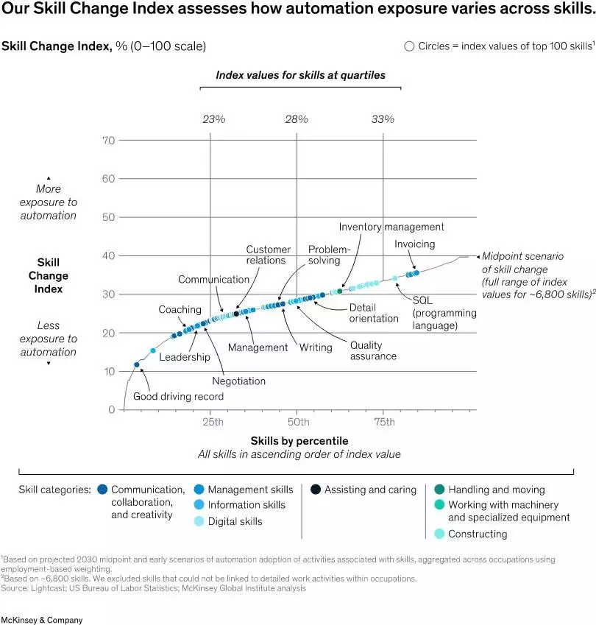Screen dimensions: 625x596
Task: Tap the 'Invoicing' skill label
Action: click(414, 244)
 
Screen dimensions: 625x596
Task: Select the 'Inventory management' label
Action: click(391, 227)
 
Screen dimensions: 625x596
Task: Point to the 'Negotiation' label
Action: click(238, 381)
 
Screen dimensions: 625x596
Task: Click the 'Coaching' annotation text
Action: click(180, 310)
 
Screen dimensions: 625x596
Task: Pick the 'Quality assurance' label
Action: click(373, 350)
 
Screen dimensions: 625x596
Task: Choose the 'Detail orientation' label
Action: click(373, 313)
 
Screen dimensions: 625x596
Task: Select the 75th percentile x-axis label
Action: click(383, 422)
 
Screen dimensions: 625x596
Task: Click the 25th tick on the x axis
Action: click(212, 422)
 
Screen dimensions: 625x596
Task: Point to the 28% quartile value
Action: click(297, 119)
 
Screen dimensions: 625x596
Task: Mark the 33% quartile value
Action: click(383, 119)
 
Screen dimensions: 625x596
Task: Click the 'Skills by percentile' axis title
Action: click(299, 441)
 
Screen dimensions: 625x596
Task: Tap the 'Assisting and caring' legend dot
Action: click(315, 490)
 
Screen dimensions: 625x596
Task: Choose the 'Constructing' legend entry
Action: click(477, 534)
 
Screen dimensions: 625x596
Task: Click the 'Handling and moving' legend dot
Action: click(439, 490)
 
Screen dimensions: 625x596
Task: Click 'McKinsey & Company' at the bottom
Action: click(42, 620)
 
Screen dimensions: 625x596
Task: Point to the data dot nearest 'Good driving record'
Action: click(136, 364)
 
